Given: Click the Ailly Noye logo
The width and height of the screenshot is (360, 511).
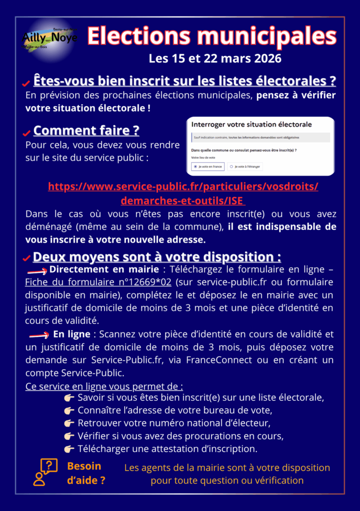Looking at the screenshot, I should pos(50,36).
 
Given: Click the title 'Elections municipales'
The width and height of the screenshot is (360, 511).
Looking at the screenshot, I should pos(212,36).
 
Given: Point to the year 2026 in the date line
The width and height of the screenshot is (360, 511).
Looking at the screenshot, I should pos(268,59).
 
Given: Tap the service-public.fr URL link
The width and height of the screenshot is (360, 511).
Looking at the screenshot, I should pos(183,193).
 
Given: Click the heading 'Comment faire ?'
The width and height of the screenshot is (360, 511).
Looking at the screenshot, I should pos(86,131).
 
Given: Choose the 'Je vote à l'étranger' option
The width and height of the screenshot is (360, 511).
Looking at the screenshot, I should pos(245,166).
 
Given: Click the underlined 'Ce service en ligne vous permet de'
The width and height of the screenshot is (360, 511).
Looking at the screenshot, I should pos(104,386).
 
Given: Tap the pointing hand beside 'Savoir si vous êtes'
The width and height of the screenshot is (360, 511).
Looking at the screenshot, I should pos(69,398).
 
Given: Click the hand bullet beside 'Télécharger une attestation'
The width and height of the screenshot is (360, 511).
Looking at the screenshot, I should pos(69,449).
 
